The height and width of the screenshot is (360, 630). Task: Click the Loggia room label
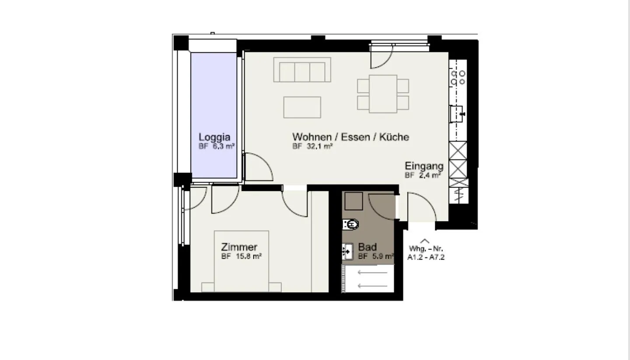coord(214,136)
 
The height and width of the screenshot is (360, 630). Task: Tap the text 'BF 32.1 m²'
coord(313,147)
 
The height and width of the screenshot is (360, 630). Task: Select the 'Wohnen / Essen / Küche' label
coord(351,137)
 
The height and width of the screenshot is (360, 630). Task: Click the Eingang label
coord(424,166)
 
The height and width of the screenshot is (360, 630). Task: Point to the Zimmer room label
coord(239,247)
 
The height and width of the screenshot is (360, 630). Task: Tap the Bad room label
coord(367,247)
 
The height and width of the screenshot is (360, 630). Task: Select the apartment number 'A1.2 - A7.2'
coord(426,258)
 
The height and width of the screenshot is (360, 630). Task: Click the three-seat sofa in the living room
coord(302,70)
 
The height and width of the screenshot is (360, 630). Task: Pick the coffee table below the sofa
coord(302,107)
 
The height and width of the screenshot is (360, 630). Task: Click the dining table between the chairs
coord(383,94)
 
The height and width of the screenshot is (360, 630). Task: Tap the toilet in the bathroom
coord(351,224)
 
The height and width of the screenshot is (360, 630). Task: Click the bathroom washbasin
coord(347,252)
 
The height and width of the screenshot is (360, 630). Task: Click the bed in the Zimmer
coord(241,262)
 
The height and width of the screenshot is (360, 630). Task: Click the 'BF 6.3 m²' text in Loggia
coord(217,147)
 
